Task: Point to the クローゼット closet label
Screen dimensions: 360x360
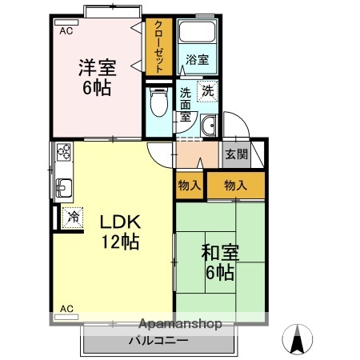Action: point(158,46)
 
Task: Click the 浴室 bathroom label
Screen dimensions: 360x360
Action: point(198,60)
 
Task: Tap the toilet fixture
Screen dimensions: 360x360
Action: point(158,102)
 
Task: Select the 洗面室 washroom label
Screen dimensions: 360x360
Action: point(186,103)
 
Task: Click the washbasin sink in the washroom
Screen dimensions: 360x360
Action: point(210,124)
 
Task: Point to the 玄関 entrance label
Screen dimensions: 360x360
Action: point(235,154)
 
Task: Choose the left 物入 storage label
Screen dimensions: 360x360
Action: point(190,186)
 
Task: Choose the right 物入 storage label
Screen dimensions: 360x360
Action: point(235,186)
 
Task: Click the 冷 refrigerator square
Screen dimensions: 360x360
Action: point(72,215)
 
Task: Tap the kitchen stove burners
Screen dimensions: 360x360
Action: point(63,151)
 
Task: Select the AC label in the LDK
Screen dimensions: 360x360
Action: point(66,308)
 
